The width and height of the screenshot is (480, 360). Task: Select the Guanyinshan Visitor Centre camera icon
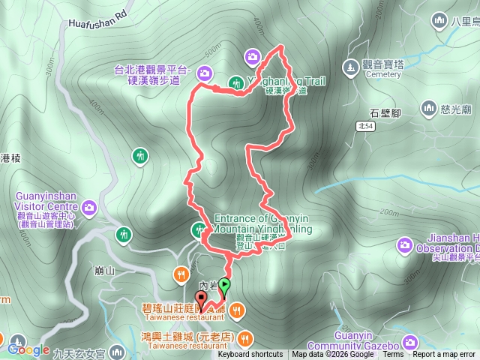90,206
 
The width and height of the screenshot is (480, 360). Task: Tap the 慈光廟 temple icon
428,109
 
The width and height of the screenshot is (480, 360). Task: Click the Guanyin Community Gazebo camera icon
409,343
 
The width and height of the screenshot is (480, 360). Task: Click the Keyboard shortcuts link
250,355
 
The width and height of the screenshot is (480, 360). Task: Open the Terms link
393,355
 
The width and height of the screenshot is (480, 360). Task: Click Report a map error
445,355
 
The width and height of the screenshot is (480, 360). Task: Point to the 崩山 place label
106,271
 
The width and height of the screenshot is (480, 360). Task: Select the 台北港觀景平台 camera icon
205,73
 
